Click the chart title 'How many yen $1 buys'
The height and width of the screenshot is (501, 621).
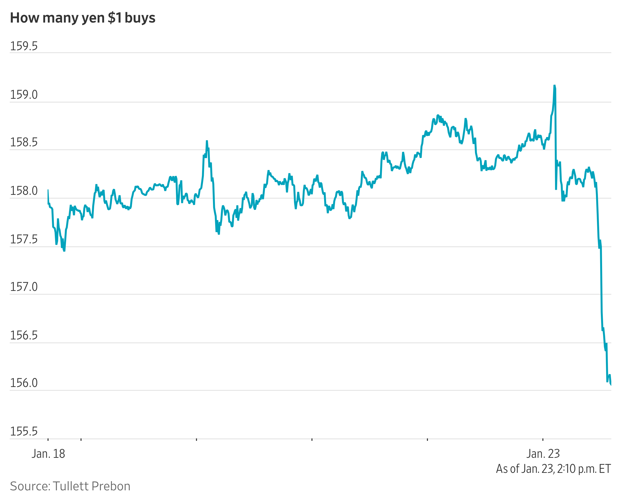tap(82, 18)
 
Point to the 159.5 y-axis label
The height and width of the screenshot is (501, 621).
tap(24, 46)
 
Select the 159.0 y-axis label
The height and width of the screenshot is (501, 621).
tap(24, 95)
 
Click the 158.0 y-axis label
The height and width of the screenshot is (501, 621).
tap(24, 191)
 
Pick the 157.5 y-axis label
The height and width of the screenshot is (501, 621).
tap(24, 239)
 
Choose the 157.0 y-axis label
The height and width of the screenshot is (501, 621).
tap(24, 287)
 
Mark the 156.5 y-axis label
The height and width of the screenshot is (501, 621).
tap(24, 335)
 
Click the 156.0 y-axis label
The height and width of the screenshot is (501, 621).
tap(24, 383)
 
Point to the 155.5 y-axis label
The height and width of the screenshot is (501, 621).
tap(24, 431)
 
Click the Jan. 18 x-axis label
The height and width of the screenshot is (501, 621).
tap(48, 454)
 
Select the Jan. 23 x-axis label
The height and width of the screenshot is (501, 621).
tap(543, 454)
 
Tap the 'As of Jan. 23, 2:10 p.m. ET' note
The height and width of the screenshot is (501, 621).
tap(553, 469)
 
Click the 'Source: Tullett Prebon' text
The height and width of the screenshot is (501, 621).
tap(70, 486)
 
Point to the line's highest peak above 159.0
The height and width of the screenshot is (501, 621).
tap(554, 86)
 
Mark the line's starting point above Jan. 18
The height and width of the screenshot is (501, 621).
tap(48, 190)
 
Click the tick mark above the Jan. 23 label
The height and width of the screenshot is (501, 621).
tap(543, 440)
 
